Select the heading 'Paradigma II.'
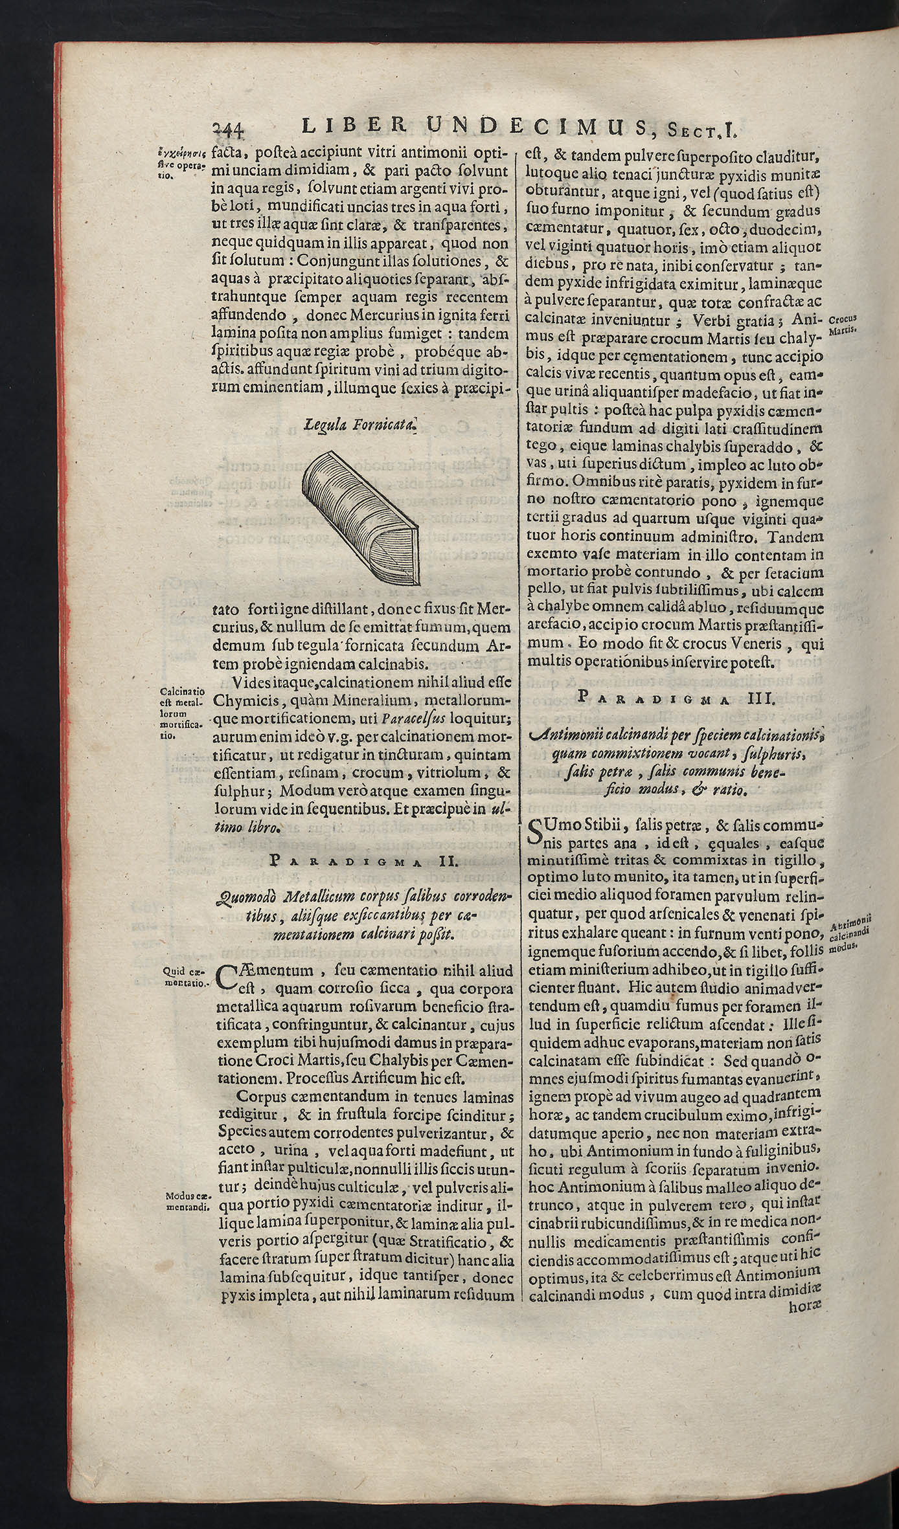point(363,861)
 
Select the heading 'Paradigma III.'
point(672,697)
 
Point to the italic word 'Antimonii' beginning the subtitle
point(571,735)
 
